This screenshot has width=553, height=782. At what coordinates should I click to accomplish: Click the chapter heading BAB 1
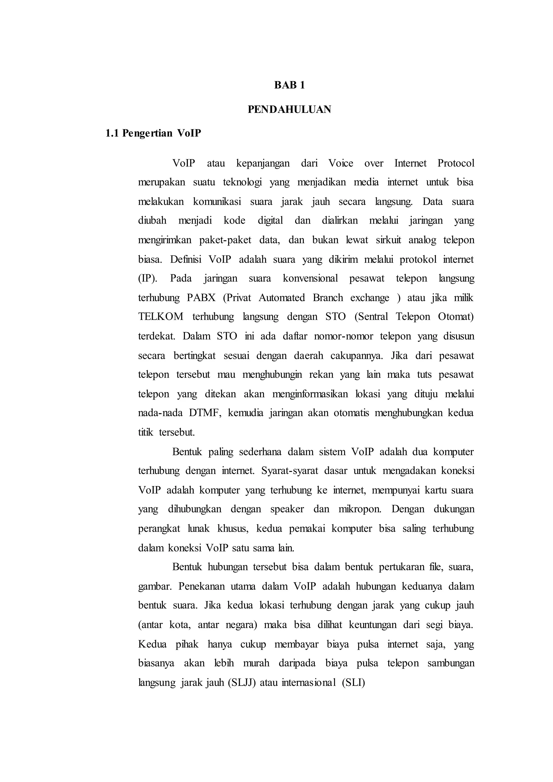[289, 85]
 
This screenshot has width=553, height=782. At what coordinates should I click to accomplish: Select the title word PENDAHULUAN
[289, 109]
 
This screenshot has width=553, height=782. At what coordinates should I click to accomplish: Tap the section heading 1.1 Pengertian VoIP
[153, 133]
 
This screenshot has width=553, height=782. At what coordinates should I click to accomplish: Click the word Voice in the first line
[340, 163]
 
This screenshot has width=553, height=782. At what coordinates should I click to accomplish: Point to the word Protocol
[456, 163]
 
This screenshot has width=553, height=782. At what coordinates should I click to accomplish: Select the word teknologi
[242, 183]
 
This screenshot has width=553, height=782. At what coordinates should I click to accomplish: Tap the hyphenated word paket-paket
[225, 240]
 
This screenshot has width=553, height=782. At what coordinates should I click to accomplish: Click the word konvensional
[310, 279]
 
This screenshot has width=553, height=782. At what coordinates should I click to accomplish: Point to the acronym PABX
[201, 298]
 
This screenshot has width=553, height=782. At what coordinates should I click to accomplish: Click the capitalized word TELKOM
[161, 317]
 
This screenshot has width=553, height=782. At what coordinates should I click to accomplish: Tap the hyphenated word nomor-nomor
[343, 336]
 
